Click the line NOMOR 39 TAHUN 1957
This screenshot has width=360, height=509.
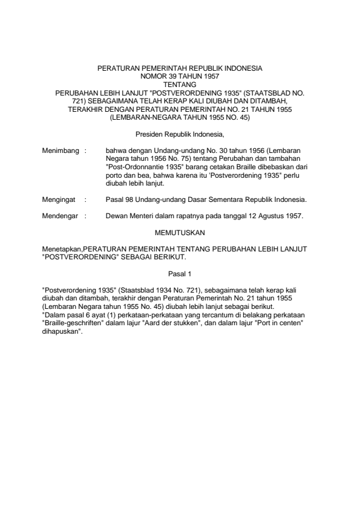click(x=180, y=78)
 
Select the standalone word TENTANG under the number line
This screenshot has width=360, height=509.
click(x=180, y=85)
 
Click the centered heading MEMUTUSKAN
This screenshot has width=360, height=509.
click(x=180, y=232)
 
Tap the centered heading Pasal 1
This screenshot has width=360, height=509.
click(x=180, y=273)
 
